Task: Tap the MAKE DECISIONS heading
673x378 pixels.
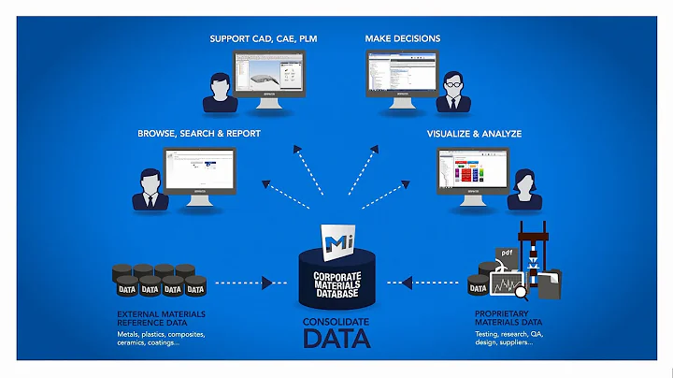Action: pyautogui.click(x=403, y=38)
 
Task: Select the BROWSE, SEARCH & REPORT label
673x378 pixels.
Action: pyautogui.click(x=199, y=134)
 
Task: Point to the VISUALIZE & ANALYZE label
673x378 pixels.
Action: pyautogui.click(x=474, y=134)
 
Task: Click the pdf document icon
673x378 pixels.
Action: pyautogui.click(x=505, y=254)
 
